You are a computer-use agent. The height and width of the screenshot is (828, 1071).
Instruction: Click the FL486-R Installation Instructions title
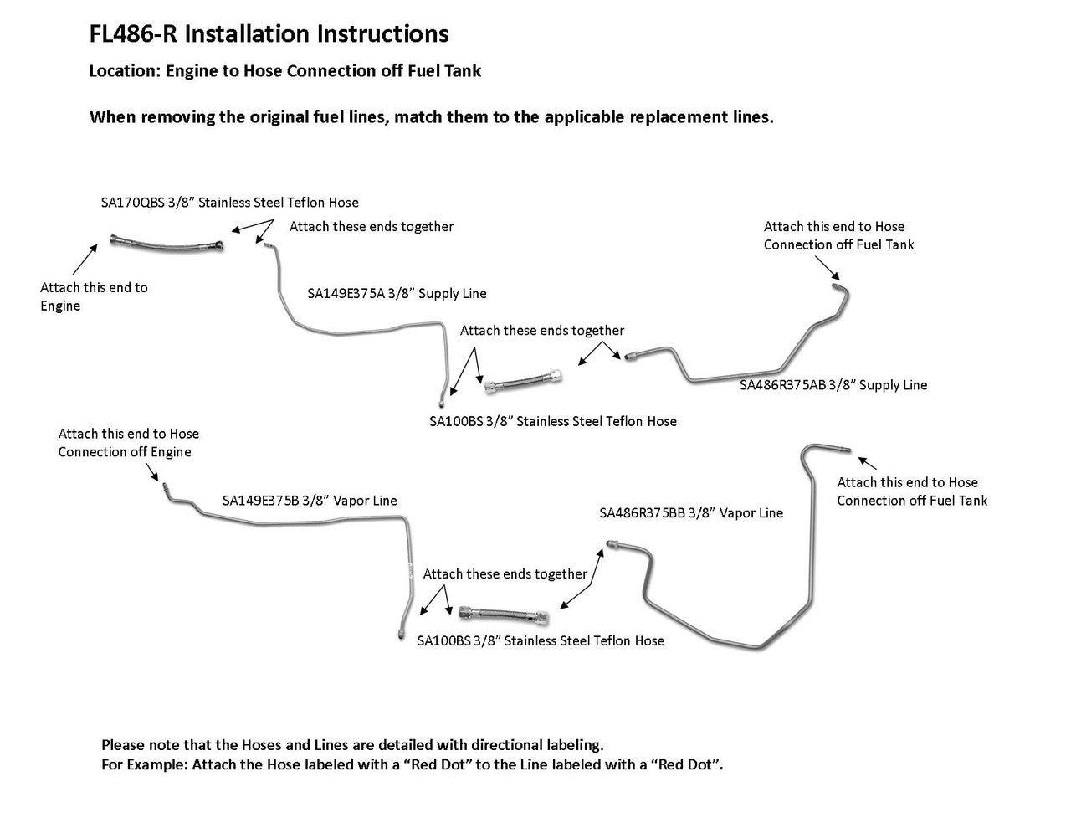click(x=269, y=34)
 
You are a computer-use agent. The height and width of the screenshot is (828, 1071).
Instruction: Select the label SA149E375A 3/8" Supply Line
click(x=397, y=294)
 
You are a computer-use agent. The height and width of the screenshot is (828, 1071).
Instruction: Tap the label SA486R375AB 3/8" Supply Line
click(x=833, y=385)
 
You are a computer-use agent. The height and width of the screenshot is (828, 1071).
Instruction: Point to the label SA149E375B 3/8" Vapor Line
click(x=310, y=501)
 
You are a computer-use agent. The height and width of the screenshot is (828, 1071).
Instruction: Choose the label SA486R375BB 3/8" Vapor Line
click(x=691, y=513)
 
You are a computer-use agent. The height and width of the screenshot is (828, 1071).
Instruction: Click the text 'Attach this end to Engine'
click(x=94, y=296)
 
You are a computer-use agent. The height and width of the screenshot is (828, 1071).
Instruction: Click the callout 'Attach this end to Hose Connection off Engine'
click(x=129, y=443)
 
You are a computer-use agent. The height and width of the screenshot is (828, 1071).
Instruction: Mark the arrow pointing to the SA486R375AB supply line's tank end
click(x=827, y=268)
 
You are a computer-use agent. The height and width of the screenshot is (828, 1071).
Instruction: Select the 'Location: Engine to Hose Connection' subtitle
click(x=285, y=71)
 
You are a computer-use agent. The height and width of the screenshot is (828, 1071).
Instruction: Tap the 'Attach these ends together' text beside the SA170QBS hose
click(x=372, y=227)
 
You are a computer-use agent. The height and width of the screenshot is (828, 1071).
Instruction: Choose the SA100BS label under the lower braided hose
click(x=541, y=641)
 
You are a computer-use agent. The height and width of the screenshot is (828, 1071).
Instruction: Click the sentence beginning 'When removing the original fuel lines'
click(x=431, y=117)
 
